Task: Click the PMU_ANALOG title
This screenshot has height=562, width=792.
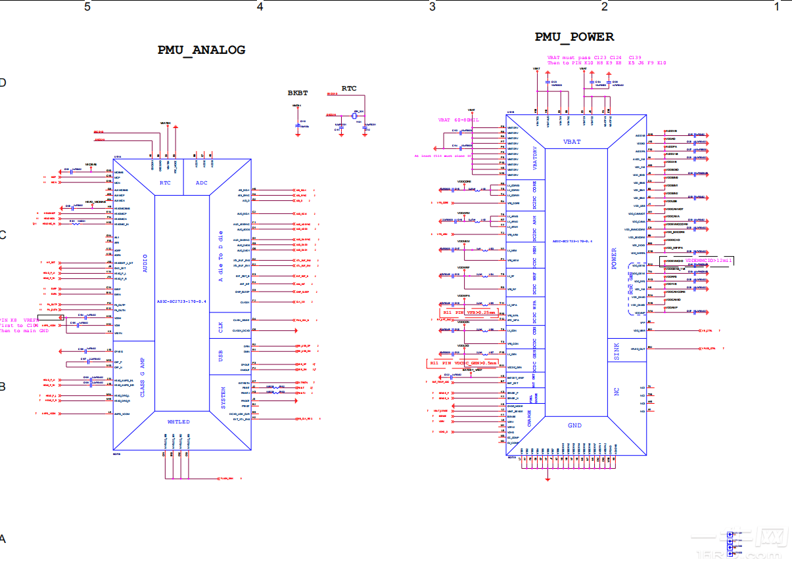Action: pyautogui.click(x=201, y=50)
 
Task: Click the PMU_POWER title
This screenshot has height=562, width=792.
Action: pyautogui.click(x=574, y=37)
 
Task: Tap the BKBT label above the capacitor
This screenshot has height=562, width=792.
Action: pyautogui.click(x=297, y=93)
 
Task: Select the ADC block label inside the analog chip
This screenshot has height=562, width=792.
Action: pyautogui.click(x=201, y=183)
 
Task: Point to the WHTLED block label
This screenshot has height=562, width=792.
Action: pyautogui.click(x=178, y=421)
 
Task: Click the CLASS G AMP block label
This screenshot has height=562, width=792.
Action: pyautogui.click(x=142, y=378)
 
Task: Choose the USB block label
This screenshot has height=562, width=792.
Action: pyautogui.click(x=221, y=355)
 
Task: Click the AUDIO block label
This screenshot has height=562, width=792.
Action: pyautogui.click(x=145, y=268)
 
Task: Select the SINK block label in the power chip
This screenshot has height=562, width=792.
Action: pyautogui.click(x=617, y=351)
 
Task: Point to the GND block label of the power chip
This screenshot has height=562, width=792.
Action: pyautogui.click(x=574, y=425)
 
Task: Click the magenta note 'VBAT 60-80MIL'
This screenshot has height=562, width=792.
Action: pyautogui.click(x=458, y=121)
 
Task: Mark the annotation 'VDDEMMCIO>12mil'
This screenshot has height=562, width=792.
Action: pyautogui.click(x=709, y=261)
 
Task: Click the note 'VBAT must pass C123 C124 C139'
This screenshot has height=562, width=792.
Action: pyautogui.click(x=594, y=58)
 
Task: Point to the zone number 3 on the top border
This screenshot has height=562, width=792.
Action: pyautogui.click(x=432, y=7)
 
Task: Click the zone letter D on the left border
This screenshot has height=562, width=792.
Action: pyautogui.click(x=3, y=83)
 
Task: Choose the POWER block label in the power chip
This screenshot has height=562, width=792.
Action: pyautogui.click(x=615, y=258)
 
